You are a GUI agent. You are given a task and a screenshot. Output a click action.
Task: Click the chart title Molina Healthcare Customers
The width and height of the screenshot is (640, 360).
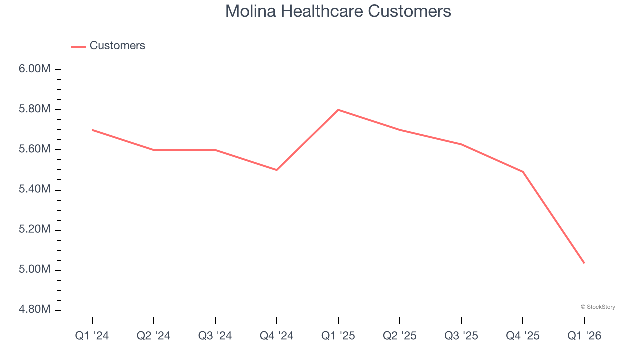coord(338,11)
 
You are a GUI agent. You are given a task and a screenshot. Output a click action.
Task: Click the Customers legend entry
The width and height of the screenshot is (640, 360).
coord(117,46)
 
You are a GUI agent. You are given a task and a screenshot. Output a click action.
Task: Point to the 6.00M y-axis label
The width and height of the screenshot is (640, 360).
coord(35,69)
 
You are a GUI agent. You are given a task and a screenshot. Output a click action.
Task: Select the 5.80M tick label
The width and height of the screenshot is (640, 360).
coord(35,109)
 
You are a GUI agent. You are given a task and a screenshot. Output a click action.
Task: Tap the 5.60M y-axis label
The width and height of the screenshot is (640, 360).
coord(35,149)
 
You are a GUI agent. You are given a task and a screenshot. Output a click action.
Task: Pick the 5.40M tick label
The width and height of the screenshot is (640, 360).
coord(35,189)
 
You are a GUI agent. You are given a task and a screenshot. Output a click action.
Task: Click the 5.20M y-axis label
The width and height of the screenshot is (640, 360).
coord(35,229)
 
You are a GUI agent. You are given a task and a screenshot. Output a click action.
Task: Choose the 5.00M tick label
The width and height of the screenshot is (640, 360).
coord(35,270)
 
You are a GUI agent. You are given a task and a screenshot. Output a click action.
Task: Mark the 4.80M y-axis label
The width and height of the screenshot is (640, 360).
coord(35,310)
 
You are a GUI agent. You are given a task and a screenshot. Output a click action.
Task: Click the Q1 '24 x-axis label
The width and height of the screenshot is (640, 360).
coord(92,336)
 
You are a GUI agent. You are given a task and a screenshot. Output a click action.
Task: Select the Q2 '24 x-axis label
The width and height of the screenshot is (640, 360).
coord(153,336)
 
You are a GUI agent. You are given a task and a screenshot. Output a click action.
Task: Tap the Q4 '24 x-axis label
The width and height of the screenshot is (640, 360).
coord(276,336)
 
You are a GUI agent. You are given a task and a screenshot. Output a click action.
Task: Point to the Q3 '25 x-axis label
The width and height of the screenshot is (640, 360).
coord(461,336)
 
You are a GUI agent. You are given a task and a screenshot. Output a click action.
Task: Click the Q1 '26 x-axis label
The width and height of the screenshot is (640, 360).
coord(584,336)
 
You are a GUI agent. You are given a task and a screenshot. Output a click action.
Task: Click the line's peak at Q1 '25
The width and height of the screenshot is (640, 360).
coord(338,110)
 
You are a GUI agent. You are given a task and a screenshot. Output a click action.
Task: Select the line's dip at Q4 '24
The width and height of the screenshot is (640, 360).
coord(277,170)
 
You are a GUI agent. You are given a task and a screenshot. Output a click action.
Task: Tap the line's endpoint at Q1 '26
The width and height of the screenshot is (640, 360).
coord(584,263)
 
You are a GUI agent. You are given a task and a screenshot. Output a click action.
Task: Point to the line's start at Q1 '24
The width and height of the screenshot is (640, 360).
coord(92,130)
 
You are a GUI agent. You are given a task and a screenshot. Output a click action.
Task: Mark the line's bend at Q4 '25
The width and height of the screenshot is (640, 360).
coord(523,172)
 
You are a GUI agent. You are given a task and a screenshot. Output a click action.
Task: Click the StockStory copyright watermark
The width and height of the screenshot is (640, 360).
coord(598,307)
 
